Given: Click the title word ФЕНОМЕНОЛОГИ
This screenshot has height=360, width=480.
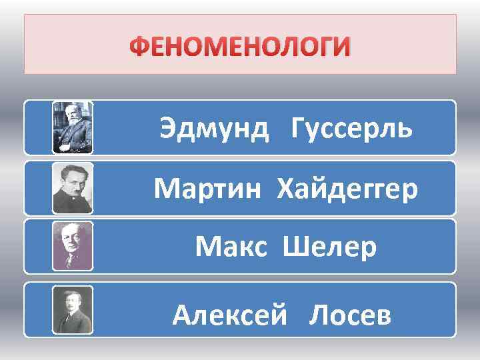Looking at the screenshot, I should pyautogui.click(x=239, y=48).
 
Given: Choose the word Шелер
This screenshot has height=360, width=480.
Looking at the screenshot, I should pyautogui.click(x=330, y=248).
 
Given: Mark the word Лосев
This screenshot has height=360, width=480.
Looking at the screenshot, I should pyautogui.click(x=350, y=313).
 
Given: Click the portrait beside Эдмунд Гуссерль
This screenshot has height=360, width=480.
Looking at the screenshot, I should pyautogui.click(x=73, y=127).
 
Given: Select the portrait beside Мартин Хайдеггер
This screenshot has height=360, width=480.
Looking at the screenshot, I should pyautogui.click(x=73, y=188).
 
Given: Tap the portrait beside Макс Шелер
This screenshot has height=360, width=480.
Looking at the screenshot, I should pyautogui.click(x=73, y=246).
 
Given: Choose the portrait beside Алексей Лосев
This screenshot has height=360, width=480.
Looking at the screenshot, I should pyautogui.click(x=73, y=309).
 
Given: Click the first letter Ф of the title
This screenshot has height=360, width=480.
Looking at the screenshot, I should pyautogui.click(x=139, y=48).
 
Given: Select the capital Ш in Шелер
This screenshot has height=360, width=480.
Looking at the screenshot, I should pyautogui.click(x=294, y=248).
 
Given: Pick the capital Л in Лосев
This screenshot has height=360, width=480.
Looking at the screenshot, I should pyautogui.click(x=317, y=313).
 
